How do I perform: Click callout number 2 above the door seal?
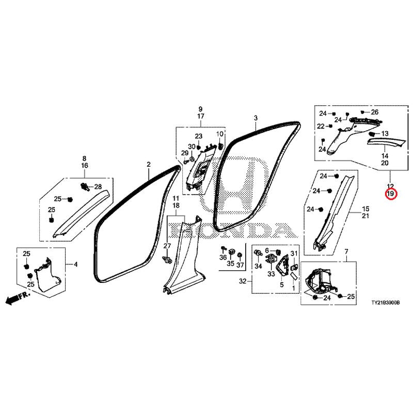[x=148, y=165]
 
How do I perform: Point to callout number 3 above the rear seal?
[x=255, y=119]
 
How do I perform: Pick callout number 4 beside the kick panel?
[x=75, y=264]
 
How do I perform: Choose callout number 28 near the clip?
[x=98, y=186]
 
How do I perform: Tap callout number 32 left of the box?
[x=242, y=282]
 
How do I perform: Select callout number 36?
[x=223, y=258]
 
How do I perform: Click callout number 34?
[x=258, y=267]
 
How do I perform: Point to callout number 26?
[x=375, y=112]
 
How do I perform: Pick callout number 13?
[x=384, y=133]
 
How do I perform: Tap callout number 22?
[x=321, y=126]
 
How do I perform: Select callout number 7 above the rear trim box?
[x=346, y=251]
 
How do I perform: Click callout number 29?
[x=184, y=154]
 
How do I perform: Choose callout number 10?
[x=219, y=134]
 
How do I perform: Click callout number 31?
[x=294, y=253]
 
